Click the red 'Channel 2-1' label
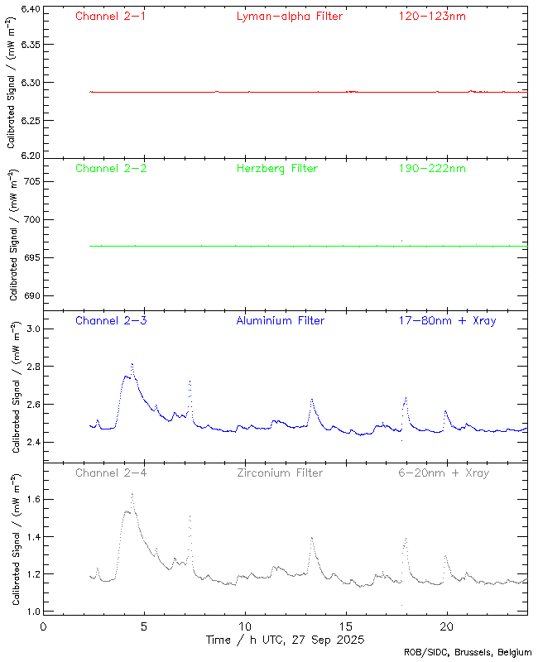coord(111,16)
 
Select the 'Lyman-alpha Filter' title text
coord(289,16)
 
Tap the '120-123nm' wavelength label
coord(431,16)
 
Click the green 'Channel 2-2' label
coord(111,168)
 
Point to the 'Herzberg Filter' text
coord(276,168)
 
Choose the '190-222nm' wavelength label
coord(431,168)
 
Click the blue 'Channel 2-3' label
coord(111,320)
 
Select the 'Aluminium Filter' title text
coord(280,320)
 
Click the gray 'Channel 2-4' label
coord(111,473)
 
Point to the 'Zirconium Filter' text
coord(280,473)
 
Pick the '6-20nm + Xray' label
coord(444,473)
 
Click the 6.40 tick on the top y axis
coord(29,9)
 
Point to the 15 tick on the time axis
coord(346,626)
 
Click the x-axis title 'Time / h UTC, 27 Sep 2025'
coord(284,640)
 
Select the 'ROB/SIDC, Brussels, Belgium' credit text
coord(468,653)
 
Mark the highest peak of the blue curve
coord(132,364)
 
